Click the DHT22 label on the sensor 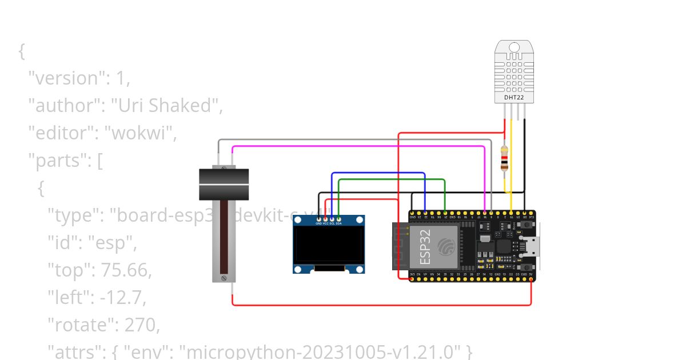point(513,98)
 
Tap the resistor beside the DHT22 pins point(504,158)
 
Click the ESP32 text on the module point(425,247)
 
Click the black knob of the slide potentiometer point(224,183)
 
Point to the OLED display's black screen point(329,245)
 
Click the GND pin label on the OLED point(319,223)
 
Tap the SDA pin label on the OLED point(339,223)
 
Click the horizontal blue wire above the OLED point(377,173)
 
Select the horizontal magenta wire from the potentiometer point(354,146)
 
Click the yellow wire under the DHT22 point(511,166)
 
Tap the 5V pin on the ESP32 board point(531,274)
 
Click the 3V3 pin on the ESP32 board point(413,274)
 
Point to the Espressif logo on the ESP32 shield point(446,246)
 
